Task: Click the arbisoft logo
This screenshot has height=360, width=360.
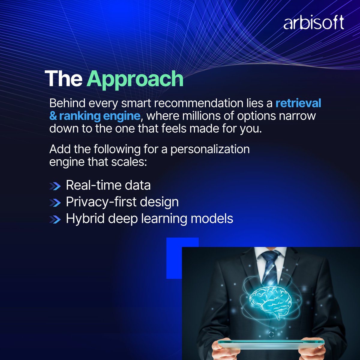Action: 313,23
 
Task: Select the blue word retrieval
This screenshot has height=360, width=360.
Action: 298,103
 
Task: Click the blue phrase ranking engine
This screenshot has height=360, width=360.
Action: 99,116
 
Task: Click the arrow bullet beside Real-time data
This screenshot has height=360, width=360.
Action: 55,186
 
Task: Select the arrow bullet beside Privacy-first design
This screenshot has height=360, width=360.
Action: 55,203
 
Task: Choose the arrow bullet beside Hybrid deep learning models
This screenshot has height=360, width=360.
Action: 55,220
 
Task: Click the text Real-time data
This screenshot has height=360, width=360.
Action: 108,185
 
